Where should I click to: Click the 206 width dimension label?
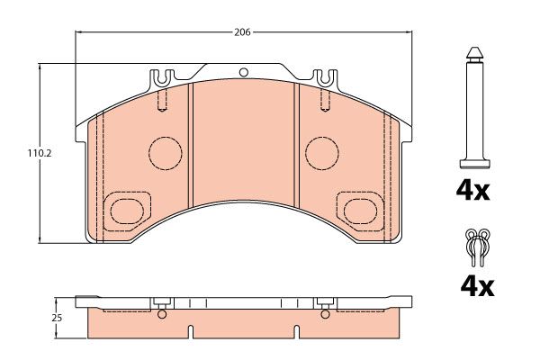click(x=242, y=32)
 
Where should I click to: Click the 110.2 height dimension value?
click(x=40, y=154)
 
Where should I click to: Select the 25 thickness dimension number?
click(x=57, y=318)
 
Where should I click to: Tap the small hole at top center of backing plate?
click(x=244, y=72)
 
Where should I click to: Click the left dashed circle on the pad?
click(x=166, y=153)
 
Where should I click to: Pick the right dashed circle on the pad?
click(x=322, y=153)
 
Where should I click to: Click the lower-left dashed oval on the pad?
click(x=127, y=211)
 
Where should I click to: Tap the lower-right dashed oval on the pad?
click(x=360, y=211)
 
